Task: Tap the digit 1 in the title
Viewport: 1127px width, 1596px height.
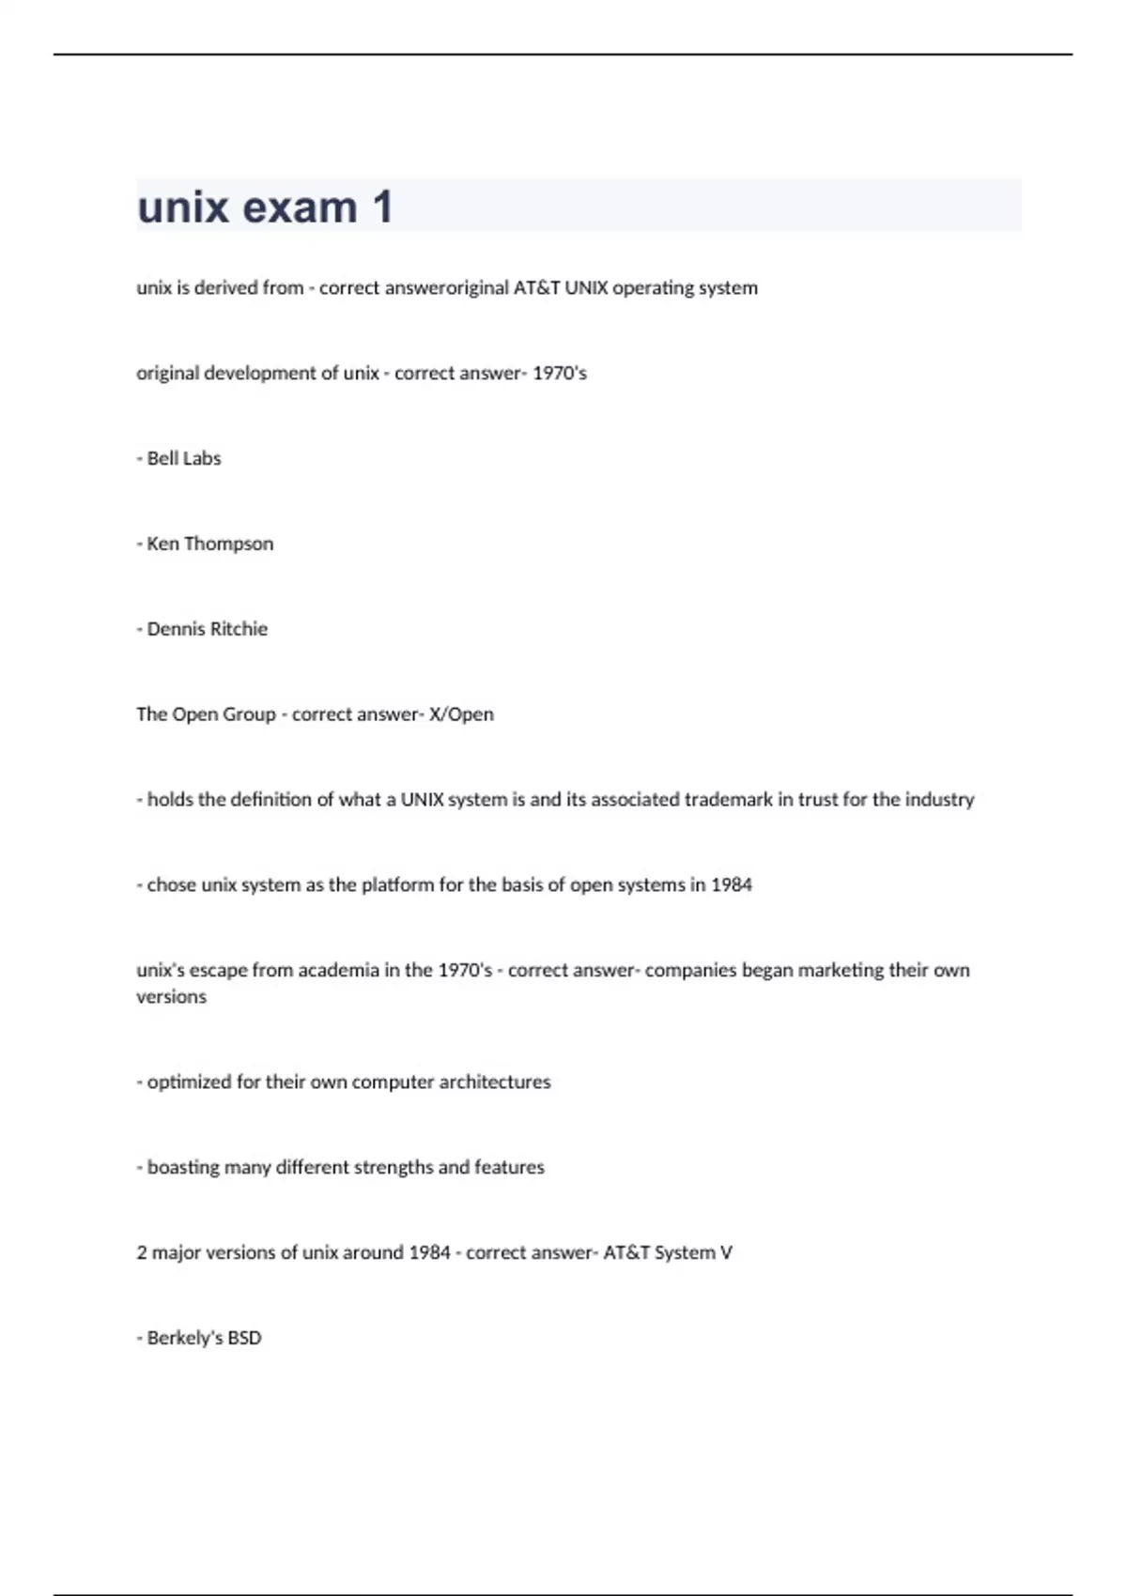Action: point(382,207)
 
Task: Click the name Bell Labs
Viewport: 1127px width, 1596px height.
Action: point(184,459)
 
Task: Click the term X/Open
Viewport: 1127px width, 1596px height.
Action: point(461,714)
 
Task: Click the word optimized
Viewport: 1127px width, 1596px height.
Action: point(189,1082)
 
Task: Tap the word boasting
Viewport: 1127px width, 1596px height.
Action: point(183,1168)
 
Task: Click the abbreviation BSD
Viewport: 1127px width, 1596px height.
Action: point(244,1339)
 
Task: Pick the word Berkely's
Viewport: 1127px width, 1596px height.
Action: point(185,1339)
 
